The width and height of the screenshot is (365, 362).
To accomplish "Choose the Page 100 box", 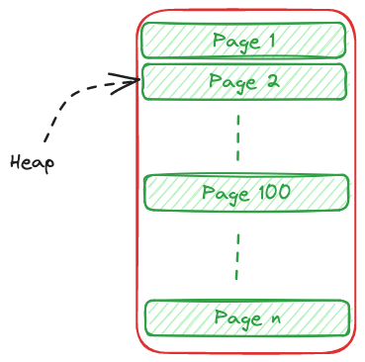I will pos(246,193).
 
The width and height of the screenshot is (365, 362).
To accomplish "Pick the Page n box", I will pos(247,318).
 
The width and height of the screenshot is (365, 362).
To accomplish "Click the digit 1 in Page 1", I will pos(270,42).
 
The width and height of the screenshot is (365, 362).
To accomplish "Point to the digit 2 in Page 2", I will pos(272,82).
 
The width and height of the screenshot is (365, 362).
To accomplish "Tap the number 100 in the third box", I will pos(273,192).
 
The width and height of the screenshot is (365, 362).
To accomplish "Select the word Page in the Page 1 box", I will pos(233,43).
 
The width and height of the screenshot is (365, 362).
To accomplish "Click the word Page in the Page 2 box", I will pos(232,83).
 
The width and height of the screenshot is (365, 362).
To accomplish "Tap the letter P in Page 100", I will pos(208,193).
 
